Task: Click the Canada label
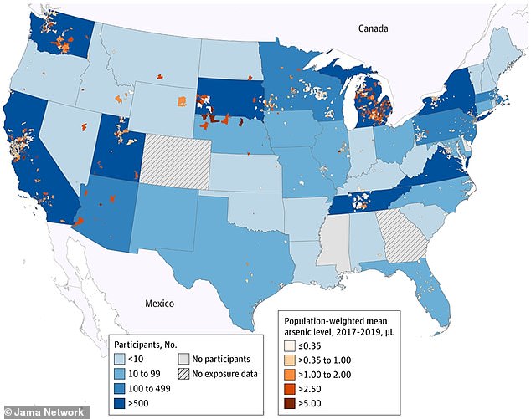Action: (x=374, y=29)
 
